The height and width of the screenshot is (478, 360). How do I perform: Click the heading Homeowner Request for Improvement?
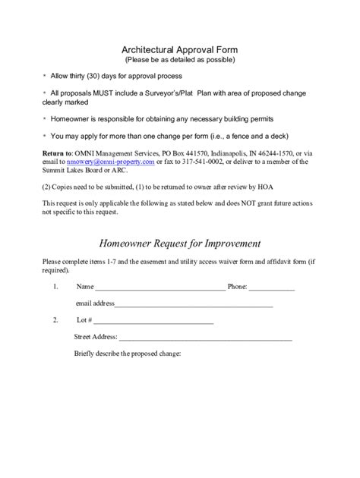(180, 244)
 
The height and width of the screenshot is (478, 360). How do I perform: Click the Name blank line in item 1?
(159, 288)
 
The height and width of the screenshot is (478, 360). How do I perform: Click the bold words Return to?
(58, 153)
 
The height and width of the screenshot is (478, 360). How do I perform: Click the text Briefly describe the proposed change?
(128, 354)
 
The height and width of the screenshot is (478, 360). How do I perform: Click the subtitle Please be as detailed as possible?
(180, 59)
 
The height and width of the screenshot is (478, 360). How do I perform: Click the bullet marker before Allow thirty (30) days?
(44, 76)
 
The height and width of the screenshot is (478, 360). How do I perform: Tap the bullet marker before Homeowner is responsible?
(44, 119)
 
